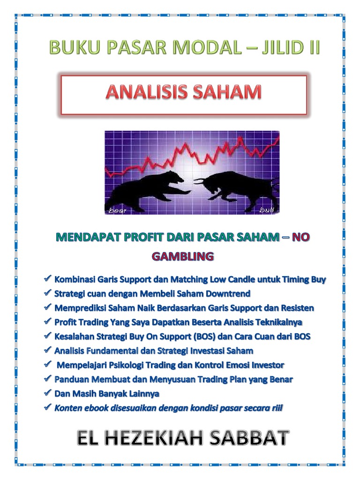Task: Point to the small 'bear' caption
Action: (x=118, y=210)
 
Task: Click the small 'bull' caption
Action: (x=266, y=210)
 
